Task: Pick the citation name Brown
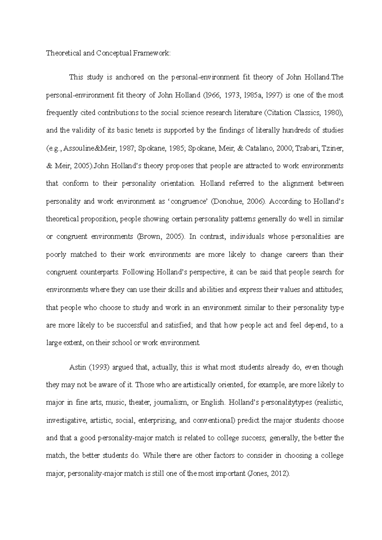148,237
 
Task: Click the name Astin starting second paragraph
78,367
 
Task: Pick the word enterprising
157,420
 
